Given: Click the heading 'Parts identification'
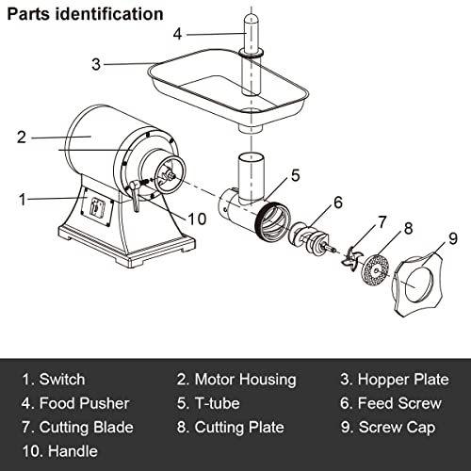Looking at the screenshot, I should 84,15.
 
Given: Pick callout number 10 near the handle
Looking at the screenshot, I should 196,219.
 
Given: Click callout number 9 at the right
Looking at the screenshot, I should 452,238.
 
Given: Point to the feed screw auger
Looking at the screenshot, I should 308,238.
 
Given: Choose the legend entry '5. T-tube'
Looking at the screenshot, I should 207,403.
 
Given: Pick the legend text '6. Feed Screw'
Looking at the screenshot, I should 389,403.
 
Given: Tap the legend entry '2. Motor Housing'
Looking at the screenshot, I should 235,380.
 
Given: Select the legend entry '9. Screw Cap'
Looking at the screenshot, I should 387,428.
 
